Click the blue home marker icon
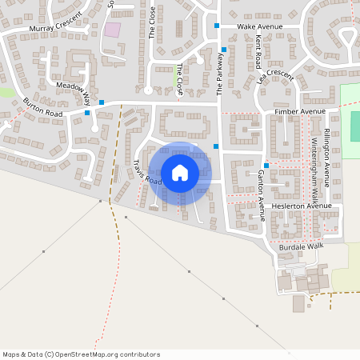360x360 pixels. [179, 172]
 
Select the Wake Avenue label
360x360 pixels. [260, 26]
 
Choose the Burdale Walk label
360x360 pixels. [301, 246]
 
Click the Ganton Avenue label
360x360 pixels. [261, 194]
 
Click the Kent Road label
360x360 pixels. [258, 51]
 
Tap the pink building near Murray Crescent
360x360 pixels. [113, 30]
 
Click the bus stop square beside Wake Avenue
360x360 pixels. [216, 26]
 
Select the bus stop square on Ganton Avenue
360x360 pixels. [266, 165]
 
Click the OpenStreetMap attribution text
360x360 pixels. [81, 354]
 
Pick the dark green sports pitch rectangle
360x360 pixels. [355, 126]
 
